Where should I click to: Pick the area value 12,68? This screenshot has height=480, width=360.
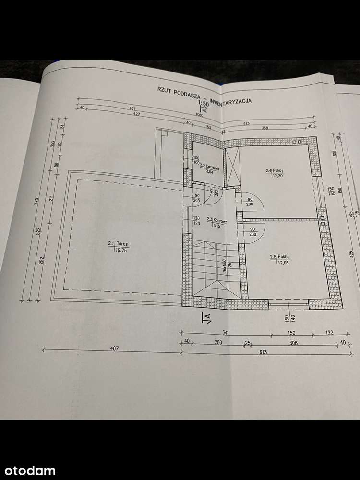278,262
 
